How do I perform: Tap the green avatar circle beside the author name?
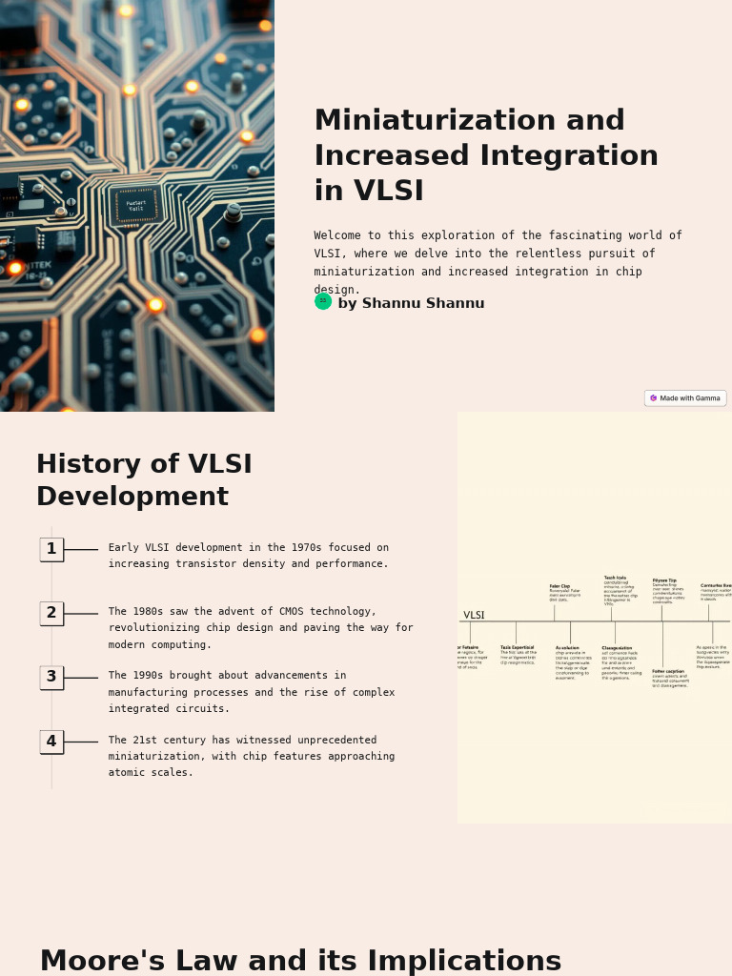click(x=323, y=301)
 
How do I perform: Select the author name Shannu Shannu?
click(x=411, y=304)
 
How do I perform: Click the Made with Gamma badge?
click(x=684, y=398)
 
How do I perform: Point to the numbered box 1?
click(x=51, y=549)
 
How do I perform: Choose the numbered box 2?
click(x=51, y=613)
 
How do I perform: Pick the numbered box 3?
click(x=51, y=678)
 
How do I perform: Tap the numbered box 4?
click(x=51, y=742)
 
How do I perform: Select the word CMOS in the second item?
click(x=265, y=612)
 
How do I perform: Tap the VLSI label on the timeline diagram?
click(x=474, y=616)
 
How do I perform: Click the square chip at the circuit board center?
click(x=135, y=205)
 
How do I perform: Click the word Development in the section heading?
click(x=132, y=498)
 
